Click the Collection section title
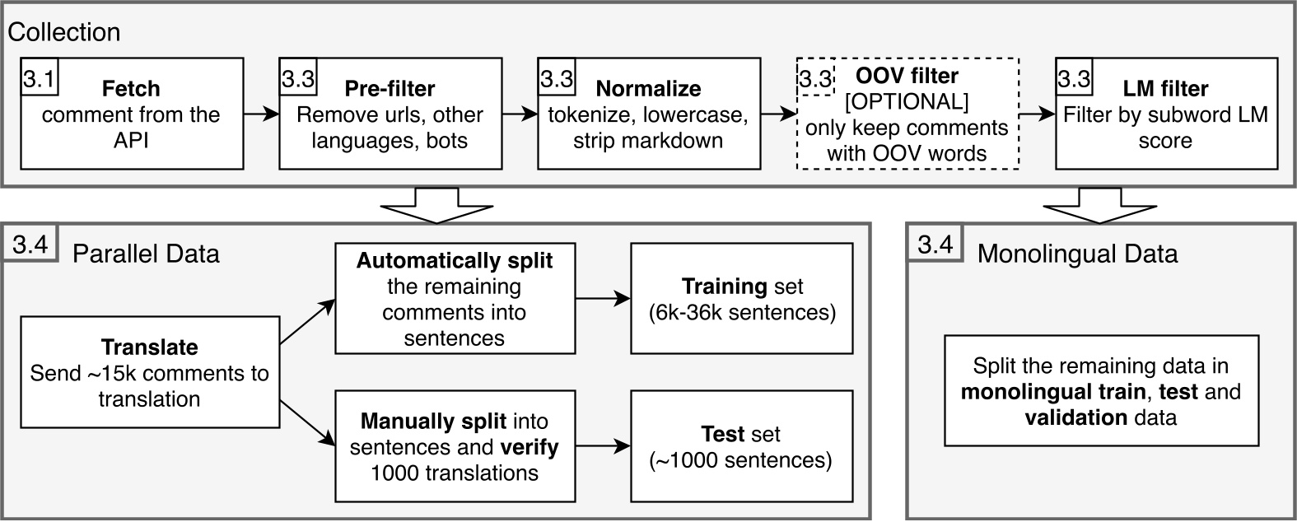64,32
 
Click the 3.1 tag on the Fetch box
38,79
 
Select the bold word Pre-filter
390,88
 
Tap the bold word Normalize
648,88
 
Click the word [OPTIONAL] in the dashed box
907,103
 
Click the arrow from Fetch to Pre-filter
261,114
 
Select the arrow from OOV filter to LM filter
1037,114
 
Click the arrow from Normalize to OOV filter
778,114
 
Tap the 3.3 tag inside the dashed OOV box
815,79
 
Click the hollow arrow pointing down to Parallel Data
437,206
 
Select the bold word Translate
149,347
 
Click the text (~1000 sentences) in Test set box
741,460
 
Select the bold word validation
1075,417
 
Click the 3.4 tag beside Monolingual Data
934,245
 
